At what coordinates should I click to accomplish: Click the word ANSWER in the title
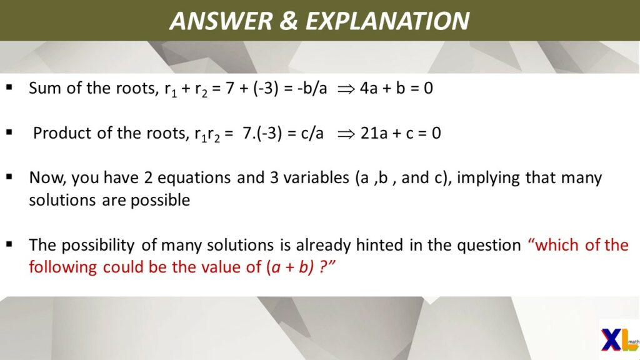coord(221,21)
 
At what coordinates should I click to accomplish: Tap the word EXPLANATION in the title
coord(387,21)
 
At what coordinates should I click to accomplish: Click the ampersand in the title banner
coord(289,21)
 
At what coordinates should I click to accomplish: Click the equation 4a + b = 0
coord(396,88)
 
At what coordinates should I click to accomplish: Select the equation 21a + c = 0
coord(401,133)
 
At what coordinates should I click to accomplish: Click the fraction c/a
coord(312,133)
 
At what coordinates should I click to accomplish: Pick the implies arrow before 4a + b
coord(346,89)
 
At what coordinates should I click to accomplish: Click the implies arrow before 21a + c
coord(346,134)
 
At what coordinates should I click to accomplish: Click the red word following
coord(63,267)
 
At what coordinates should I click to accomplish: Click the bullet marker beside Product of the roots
coord(9,132)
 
